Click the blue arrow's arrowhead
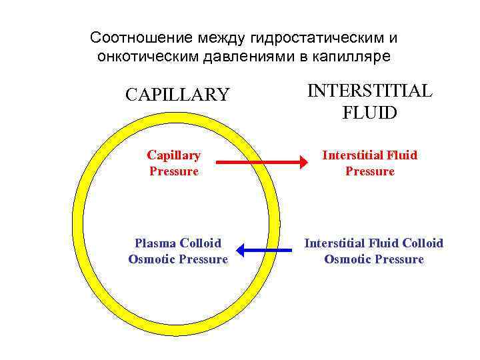point(241,251)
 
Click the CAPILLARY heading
point(177,95)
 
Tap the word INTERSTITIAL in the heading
point(369,91)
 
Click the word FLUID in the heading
point(369,113)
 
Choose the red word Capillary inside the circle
point(173,155)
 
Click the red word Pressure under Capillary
point(173,171)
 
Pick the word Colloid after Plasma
point(199,243)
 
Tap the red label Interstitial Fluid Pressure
point(369,163)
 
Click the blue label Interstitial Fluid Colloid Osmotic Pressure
point(373,251)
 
